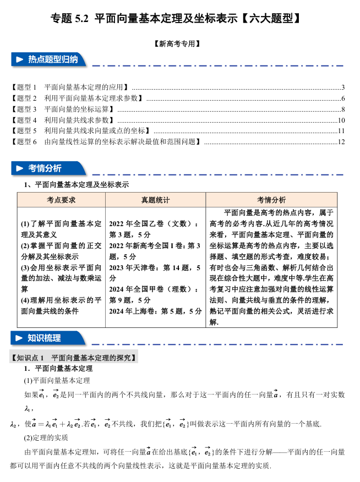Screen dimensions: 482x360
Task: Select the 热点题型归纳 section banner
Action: point(50,59)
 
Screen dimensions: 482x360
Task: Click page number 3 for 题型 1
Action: point(342,87)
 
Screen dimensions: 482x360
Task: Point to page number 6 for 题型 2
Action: point(342,98)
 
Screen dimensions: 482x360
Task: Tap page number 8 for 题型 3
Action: point(342,109)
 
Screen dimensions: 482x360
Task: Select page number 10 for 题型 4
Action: point(341,120)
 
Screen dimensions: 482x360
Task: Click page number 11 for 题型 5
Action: point(341,131)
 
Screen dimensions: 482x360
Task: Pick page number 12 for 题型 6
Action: point(341,142)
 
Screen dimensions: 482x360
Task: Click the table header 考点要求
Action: point(61,200)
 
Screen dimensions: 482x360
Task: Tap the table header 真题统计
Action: point(155,200)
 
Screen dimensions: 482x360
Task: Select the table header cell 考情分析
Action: point(271,200)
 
